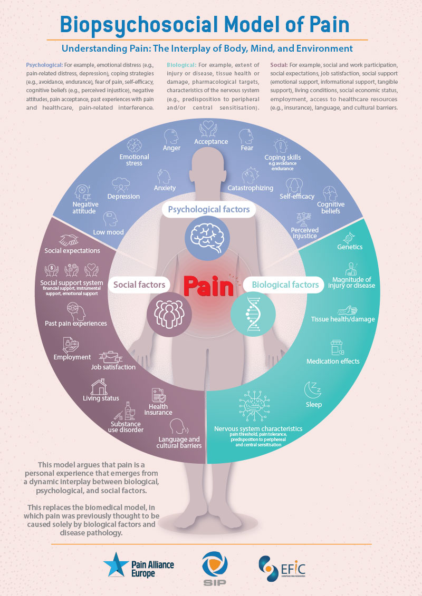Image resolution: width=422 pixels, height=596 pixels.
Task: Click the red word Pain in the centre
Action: (208, 286)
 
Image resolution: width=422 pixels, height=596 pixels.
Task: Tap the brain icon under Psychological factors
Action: (207, 238)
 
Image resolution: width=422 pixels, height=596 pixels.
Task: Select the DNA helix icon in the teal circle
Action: (253, 314)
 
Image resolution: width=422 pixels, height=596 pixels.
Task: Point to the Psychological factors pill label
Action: (208, 209)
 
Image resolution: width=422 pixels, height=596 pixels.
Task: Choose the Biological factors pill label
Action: (285, 285)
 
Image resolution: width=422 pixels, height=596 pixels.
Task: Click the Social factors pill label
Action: (139, 285)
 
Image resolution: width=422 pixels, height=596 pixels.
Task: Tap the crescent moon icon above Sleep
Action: (313, 389)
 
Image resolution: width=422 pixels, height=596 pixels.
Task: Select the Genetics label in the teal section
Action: (350, 247)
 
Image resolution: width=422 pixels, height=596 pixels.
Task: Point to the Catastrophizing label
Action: (251, 188)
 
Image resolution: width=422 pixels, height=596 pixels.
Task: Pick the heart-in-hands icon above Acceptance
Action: (208, 129)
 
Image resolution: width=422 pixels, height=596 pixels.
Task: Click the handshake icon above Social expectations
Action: (69, 240)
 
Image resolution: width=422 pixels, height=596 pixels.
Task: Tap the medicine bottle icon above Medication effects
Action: (337, 347)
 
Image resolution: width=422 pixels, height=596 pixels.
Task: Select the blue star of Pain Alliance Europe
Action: (117, 565)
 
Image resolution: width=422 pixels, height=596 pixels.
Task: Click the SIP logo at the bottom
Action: (215, 568)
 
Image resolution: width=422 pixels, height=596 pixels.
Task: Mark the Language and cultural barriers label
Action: (179, 443)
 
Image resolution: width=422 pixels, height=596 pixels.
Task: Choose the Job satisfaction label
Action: (113, 367)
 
